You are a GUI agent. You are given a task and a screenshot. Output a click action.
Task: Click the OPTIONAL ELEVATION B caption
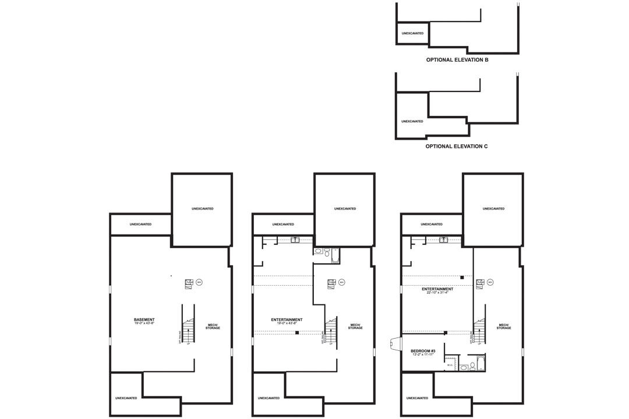point(457,60)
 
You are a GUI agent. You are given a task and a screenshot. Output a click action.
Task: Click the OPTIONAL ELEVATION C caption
point(457,147)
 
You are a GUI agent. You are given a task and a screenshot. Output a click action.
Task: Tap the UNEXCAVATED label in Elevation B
point(412,33)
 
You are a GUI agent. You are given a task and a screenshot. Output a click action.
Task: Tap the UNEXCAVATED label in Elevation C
point(412,122)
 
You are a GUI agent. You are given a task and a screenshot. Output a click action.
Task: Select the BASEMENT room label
point(144,319)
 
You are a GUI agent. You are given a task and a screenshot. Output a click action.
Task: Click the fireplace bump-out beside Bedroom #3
point(395,345)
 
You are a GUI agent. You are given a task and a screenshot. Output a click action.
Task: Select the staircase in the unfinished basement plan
point(188,329)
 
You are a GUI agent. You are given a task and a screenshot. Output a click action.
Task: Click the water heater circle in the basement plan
point(199,283)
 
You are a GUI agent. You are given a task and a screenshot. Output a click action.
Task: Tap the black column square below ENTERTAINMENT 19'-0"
point(297,333)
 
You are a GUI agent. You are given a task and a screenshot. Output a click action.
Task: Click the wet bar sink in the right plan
point(444,239)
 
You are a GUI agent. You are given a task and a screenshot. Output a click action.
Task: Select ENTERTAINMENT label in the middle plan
point(287,319)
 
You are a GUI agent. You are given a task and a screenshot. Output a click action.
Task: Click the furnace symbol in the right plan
point(480,283)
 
